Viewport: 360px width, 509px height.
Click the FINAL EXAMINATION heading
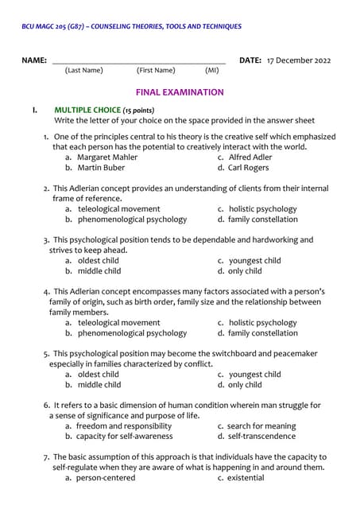coord(180,92)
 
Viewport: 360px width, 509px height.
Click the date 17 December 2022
coord(299,60)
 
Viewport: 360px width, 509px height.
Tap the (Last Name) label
coord(83,71)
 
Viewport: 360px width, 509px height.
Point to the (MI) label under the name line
coord(211,71)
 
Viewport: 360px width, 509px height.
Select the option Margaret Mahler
coord(107,157)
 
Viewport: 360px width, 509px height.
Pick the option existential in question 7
coord(246,477)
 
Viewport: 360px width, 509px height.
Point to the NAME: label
coord(34,60)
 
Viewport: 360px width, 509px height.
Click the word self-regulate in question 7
coord(77,467)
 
